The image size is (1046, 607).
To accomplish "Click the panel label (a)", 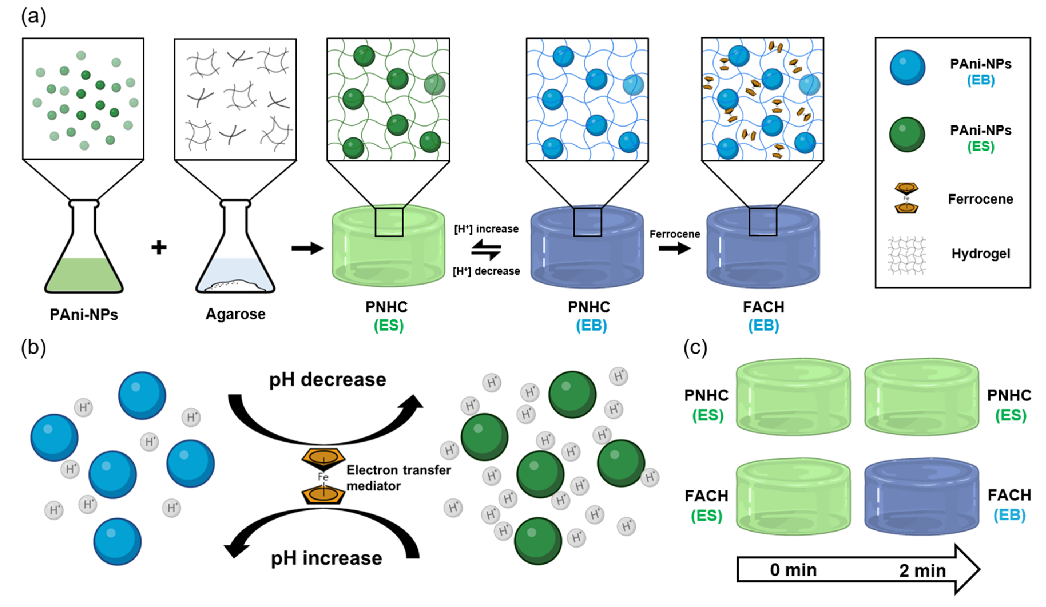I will tap(33, 17).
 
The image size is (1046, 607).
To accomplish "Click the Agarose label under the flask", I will tap(235, 314).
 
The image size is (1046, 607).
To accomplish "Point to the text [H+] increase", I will tap(486, 229).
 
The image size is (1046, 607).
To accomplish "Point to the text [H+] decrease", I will tap(486, 271).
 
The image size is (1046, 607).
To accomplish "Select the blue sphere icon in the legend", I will tap(907, 68).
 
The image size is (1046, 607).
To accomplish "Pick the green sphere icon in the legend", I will tap(907, 134).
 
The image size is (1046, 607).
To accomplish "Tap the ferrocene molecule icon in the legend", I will tap(906, 198).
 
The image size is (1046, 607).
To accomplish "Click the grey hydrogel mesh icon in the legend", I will tap(906, 255).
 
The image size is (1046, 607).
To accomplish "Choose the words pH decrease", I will tap(328, 379).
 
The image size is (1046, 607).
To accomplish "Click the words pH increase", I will tap(326, 558).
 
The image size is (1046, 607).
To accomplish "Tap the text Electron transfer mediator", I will tap(398, 478).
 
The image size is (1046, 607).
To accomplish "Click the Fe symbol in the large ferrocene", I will tap(323, 477).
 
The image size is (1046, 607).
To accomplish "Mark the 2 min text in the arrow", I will tap(922, 570).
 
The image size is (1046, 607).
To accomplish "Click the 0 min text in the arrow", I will tap(793, 570).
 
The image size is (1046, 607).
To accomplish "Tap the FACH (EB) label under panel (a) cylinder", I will tap(763, 316).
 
